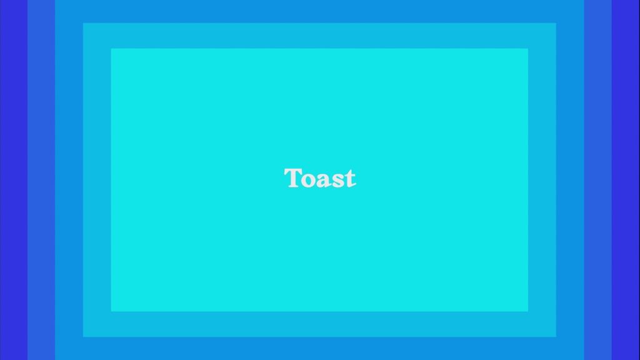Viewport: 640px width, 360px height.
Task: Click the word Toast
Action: point(320,178)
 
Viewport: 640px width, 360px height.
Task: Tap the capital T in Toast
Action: point(292,178)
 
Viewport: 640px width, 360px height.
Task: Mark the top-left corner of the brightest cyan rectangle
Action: point(111,49)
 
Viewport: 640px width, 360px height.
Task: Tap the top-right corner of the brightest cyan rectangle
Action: point(528,49)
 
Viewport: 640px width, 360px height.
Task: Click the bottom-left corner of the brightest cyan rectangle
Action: point(111,311)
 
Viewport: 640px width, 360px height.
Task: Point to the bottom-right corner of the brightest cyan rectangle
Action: point(528,311)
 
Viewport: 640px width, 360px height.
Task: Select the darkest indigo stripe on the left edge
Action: point(14,180)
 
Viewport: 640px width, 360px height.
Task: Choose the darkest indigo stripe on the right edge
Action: point(626,180)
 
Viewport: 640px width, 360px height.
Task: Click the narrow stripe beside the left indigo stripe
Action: point(41,180)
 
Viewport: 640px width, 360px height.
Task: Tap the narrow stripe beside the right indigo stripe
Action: point(598,180)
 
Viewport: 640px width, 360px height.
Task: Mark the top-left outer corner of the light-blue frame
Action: point(83,23)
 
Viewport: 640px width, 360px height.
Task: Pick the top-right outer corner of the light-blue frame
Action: point(556,23)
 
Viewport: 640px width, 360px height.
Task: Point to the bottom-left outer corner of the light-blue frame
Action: point(83,337)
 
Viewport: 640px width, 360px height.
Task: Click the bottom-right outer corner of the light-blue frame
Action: point(556,337)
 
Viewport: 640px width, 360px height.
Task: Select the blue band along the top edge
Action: point(319,11)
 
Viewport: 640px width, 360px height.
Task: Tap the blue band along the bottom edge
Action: point(319,349)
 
